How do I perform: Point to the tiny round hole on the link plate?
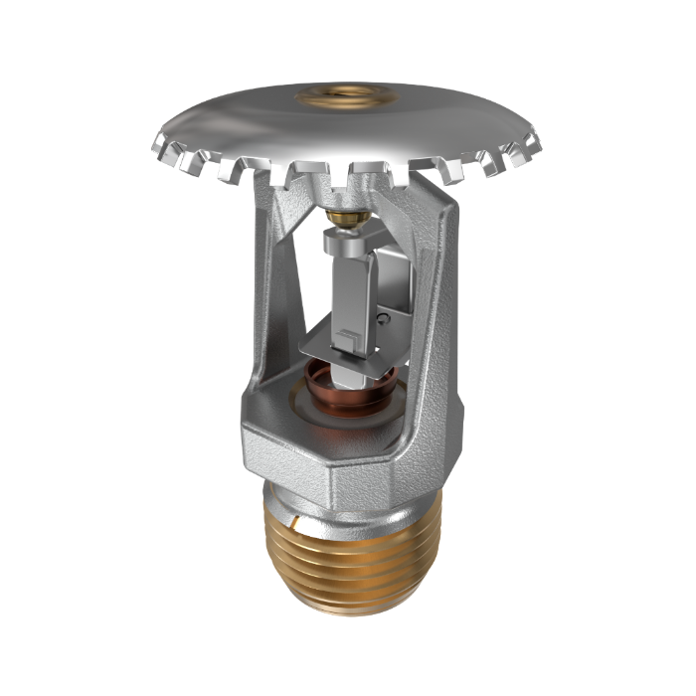point(384,317)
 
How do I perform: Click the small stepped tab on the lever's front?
point(344,339)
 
